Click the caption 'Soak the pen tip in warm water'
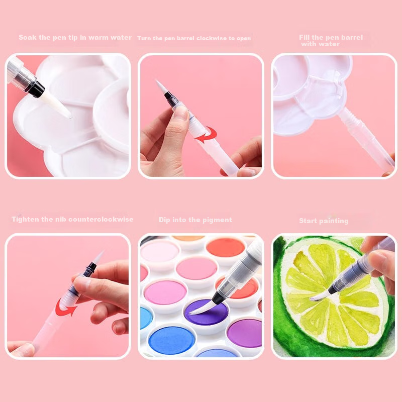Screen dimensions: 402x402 coord(75,37)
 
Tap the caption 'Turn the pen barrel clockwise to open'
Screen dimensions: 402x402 coord(194,38)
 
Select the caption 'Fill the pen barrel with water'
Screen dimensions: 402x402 coord(331,41)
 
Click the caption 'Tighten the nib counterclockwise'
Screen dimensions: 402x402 coord(72,220)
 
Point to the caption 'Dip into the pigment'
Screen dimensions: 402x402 coord(195,220)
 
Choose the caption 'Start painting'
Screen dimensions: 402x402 coord(324,221)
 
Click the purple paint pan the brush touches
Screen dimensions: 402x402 coord(206,312)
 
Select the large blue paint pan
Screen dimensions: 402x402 coord(172,340)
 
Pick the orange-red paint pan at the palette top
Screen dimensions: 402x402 coord(225,247)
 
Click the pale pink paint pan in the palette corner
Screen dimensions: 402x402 coord(159,252)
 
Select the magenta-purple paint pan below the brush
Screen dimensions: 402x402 coord(244,333)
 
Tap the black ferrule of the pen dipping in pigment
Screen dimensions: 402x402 coord(218,298)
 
